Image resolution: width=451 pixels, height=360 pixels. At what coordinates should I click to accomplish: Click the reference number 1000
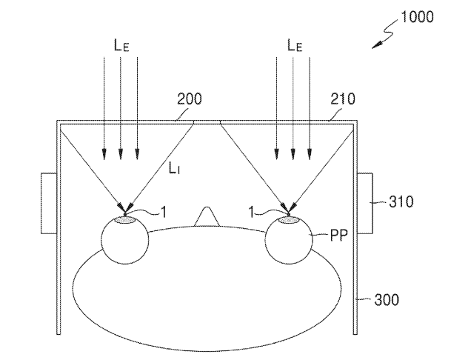[417, 17]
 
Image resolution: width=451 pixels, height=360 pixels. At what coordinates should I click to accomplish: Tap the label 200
[190, 99]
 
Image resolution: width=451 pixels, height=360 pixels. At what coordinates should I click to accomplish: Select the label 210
[343, 99]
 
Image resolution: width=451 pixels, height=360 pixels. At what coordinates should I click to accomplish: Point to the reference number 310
[401, 201]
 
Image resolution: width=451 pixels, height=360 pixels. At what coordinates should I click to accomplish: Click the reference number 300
[387, 300]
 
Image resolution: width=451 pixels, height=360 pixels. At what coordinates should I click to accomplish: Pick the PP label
[339, 235]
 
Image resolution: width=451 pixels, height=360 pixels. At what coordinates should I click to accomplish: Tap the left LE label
[121, 45]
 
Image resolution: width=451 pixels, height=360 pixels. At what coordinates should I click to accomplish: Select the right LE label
[295, 45]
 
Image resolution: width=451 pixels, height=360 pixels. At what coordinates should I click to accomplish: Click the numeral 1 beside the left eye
[164, 213]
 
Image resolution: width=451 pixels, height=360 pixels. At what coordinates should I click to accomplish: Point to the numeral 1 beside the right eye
[251, 213]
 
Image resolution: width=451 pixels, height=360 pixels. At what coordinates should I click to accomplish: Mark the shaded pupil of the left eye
[125, 220]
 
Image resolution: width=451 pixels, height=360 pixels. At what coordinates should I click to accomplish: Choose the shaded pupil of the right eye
[289, 220]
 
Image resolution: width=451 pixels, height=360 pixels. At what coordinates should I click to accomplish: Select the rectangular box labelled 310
[364, 204]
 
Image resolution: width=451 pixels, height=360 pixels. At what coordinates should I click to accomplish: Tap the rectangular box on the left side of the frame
[49, 204]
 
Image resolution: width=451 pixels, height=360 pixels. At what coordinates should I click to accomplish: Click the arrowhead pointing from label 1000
[378, 45]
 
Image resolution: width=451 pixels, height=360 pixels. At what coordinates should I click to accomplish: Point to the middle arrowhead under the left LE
[121, 154]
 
